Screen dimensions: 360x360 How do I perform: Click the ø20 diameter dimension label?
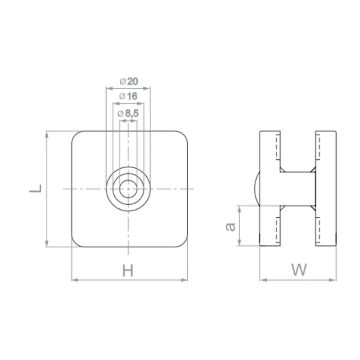129,81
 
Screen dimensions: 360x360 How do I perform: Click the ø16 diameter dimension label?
129,96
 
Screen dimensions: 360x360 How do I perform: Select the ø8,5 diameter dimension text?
128,114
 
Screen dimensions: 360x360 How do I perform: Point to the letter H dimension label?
128,271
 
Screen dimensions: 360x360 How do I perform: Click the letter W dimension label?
298,270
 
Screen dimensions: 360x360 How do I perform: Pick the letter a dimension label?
230,226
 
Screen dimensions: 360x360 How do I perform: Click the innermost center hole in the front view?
129,189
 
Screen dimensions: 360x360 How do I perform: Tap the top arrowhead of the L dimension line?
47,134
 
